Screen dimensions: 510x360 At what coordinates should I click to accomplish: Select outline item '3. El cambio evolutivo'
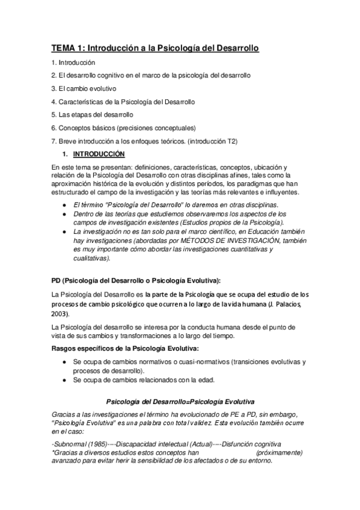click(x=84, y=88)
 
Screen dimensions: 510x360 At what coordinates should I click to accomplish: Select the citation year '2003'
click(x=60, y=314)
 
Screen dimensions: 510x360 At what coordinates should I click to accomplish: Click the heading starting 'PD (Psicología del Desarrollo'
click(x=136, y=280)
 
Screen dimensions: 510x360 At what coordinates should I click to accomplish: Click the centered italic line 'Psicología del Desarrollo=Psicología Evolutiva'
click(x=180, y=401)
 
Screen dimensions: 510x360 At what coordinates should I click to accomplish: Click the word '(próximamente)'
click(x=279, y=452)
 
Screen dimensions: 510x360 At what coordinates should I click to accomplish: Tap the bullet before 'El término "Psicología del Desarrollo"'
click(x=64, y=205)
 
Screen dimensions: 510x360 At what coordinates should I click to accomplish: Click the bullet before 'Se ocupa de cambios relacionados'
click(x=64, y=381)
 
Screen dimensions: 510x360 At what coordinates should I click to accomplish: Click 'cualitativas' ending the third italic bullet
click(x=91, y=257)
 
